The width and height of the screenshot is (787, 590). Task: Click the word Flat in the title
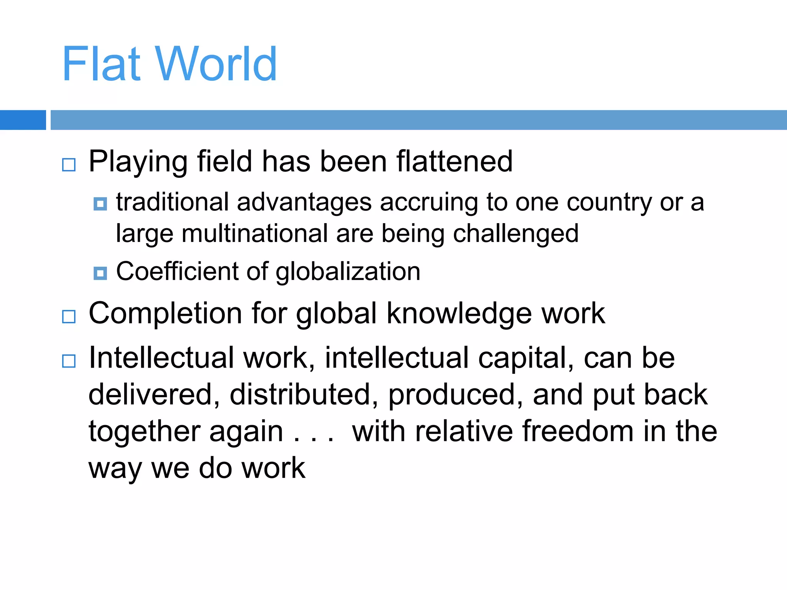coord(101,64)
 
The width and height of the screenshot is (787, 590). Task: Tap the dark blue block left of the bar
coord(23,120)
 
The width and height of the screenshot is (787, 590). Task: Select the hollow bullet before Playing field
coord(69,165)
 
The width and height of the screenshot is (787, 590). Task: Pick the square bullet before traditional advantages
coord(100,204)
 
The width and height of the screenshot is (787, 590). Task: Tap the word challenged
coord(516,234)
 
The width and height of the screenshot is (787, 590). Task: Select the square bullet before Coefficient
coord(100,273)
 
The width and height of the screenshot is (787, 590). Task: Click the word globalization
coord(348,272)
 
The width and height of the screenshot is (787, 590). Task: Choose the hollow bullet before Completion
coord(69,317)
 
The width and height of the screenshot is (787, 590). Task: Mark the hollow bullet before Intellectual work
coord(69,361)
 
